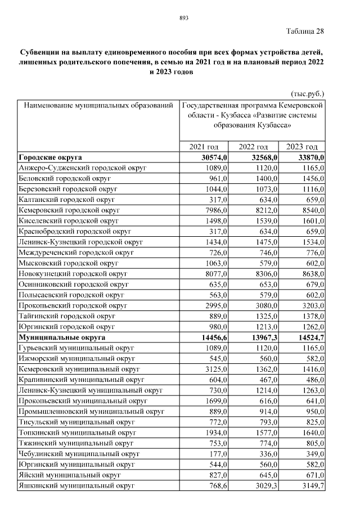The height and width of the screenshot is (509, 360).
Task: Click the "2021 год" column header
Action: pos(204,147)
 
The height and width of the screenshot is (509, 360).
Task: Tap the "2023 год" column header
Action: pos(305,147)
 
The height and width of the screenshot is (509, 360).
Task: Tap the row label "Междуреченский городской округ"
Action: pos(76,253)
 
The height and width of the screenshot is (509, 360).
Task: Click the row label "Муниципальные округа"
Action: pos(62,337)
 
